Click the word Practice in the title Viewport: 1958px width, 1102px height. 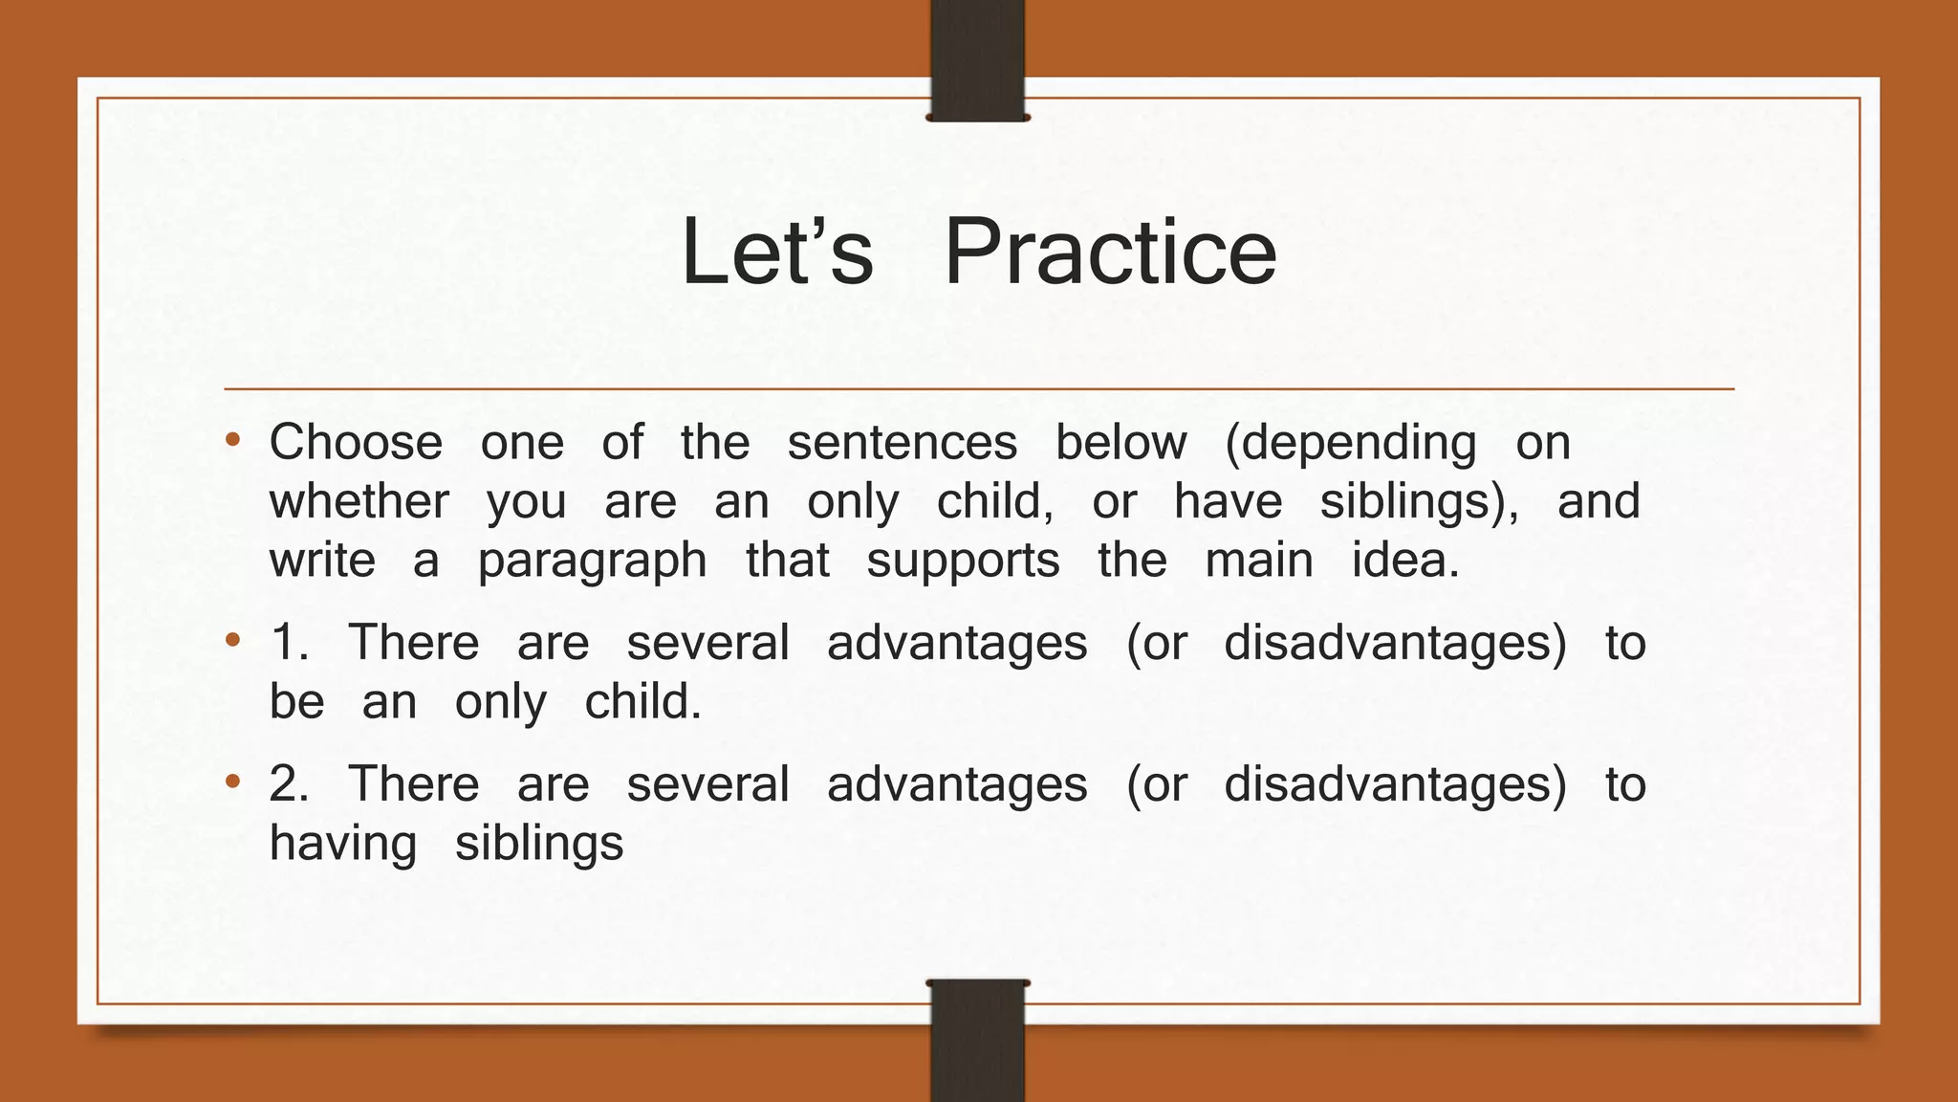[x=1110, y=252]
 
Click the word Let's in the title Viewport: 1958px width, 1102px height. [x=776, y=252]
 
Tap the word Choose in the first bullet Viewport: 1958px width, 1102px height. [x=356, y=443]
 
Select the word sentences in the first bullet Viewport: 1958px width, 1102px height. [x=902, y=443]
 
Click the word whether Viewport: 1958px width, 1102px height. [x=359, y=501]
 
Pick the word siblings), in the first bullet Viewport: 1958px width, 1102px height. [x=1419, y=503]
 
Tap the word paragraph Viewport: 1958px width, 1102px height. [x=592, y=562]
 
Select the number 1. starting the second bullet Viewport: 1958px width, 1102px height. [x=290, y=642]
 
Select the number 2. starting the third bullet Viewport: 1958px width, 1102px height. [x=290, y=784]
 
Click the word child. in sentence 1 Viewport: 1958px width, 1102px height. [x=642, y=702]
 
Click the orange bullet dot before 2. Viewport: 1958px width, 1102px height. [x=232, y=783]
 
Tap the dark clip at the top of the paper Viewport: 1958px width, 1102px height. [x=977, y=60]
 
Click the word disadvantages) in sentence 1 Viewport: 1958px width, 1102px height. [x=1395, y=643]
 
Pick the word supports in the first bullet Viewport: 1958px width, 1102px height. [x=963, y=562]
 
